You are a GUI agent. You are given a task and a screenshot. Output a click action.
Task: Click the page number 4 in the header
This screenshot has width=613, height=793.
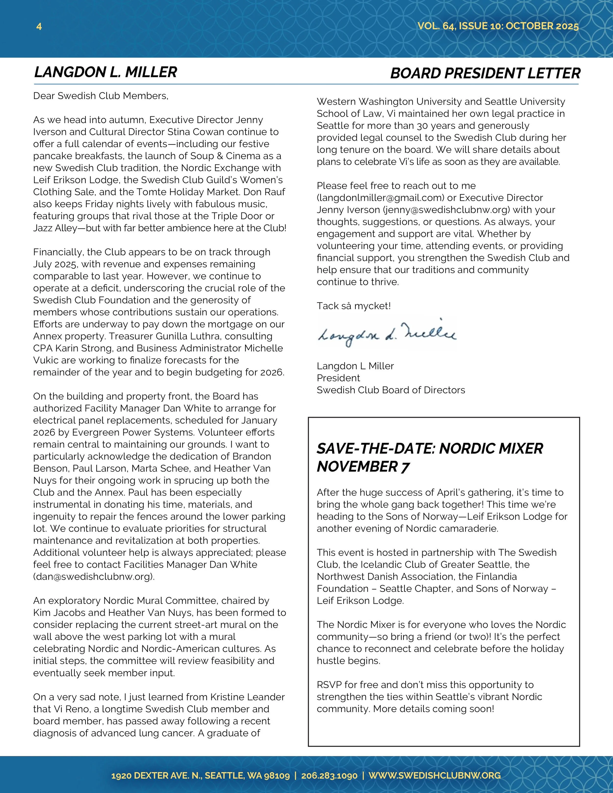[x=39, y=26]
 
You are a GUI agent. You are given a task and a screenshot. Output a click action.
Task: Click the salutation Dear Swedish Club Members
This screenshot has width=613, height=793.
[x=101, y=96]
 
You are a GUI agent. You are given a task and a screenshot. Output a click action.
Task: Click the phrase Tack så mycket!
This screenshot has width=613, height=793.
[x=354, y=306]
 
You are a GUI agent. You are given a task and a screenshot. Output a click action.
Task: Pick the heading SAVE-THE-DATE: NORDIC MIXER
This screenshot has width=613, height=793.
[x=430, y=448]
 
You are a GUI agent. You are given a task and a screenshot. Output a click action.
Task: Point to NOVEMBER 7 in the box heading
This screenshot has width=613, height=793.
[x=363, y=467]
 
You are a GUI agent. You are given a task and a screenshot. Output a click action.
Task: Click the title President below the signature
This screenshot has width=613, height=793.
[x=338, y=378]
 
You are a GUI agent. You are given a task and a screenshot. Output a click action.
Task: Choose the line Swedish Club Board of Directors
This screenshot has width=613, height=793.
[x=391, y=390]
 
